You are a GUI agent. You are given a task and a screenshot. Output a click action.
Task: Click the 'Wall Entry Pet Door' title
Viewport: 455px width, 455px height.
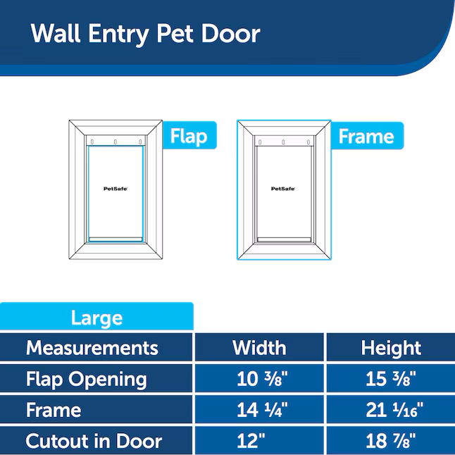click(x=145, y=34)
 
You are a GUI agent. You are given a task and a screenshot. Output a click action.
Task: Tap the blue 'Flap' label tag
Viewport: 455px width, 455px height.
click(x=189, y=135)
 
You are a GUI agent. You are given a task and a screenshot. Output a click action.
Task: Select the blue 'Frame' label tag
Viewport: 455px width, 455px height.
click(x=367, y=136)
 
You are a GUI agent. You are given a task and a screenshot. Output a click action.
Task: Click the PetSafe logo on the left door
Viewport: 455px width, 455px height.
click(x=116, y=189)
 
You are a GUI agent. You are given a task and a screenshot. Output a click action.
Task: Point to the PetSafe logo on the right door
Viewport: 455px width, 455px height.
click(x=283, y=189)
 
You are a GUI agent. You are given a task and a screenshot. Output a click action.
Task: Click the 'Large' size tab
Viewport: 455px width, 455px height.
click(x=96, y=317)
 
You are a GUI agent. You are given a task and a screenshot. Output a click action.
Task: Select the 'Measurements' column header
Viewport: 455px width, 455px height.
click(x=92, y=348)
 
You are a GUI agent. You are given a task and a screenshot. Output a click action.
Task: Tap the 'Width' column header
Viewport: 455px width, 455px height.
click(x=259, y=348)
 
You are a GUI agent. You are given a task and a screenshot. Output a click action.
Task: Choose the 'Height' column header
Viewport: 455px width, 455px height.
click(x=391, y=348)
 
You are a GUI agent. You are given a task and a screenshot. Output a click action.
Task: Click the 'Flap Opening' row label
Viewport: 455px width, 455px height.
click(x=87, y=379)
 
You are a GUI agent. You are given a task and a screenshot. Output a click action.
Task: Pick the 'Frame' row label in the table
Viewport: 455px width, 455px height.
click(x=54, y=410)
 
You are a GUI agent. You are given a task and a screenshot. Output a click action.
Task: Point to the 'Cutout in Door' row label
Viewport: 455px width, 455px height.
click(x=94, y=441)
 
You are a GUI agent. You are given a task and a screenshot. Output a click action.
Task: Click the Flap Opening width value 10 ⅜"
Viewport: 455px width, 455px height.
click(x=262, y=379)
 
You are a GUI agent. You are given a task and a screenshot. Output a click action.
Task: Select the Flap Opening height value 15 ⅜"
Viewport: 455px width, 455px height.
click(x=391, y=379)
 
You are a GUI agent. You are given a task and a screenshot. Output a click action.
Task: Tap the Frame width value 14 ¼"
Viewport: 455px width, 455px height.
click(x=262, y=410)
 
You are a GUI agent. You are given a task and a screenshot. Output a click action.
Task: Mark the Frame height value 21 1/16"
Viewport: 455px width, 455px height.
click(x=394, y=410)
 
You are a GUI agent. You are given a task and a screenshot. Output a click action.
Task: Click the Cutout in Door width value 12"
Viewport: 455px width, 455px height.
click(x=251, y=440)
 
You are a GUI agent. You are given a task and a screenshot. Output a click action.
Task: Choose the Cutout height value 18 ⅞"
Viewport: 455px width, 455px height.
click(x=391, y=440)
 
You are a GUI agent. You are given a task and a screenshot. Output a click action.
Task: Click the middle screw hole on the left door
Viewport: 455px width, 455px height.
click(x=116, y=142)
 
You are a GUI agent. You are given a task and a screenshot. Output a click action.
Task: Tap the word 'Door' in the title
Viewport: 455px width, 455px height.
click(x=231, y=34)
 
